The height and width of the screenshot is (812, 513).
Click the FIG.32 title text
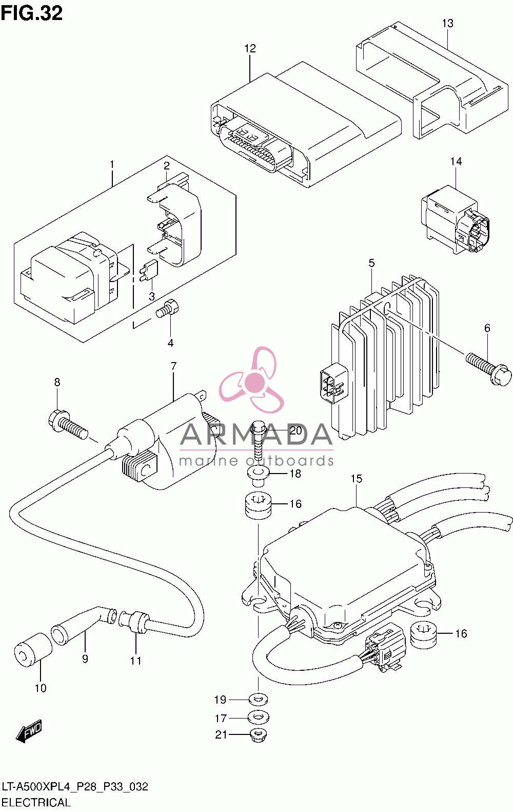[32, 13]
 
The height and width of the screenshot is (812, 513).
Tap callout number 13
[448, 23]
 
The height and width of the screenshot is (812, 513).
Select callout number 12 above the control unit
[250, 48]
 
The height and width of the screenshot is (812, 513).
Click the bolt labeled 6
[489, 369]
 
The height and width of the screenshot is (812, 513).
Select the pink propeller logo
[251, 379]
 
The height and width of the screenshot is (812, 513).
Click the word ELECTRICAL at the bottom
[36, 802]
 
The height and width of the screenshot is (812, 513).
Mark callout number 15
[356, 479]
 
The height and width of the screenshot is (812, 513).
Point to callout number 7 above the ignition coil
[174, 366]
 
